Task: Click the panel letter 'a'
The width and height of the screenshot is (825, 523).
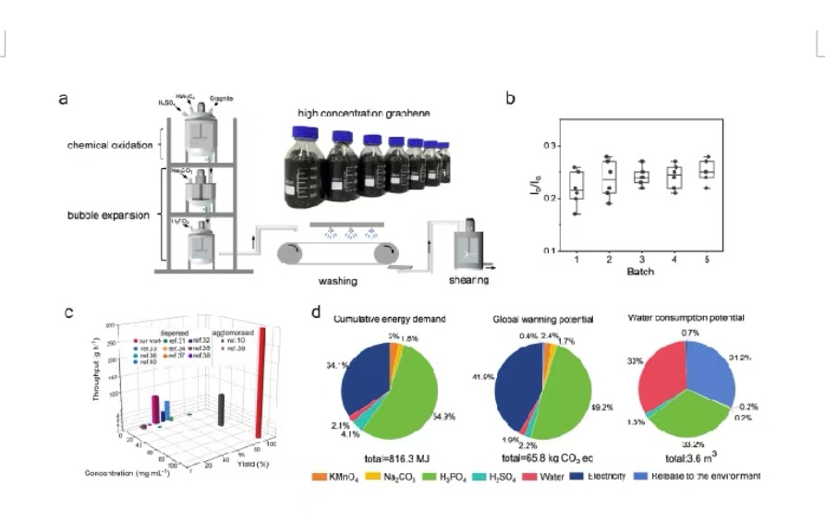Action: [63, 99]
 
